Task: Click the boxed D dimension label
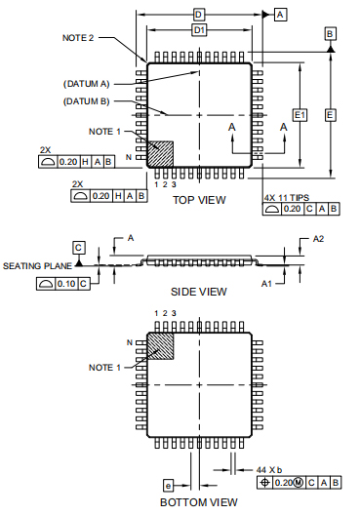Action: click(x=198, y=15)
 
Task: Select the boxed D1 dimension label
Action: click(x=199, y=30)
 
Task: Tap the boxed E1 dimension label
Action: click(x=300, y=115)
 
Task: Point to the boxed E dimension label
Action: click(x=330, y=115)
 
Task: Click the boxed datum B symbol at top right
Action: click(x=330, y=34)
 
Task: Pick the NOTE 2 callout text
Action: click(x=78, y=38)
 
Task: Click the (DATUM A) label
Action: click(x=86, y=84)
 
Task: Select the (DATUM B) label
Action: click(x=86, y=101)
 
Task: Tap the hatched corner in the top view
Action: click(x=160, y=154)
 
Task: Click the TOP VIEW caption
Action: click(x=199, y=200)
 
